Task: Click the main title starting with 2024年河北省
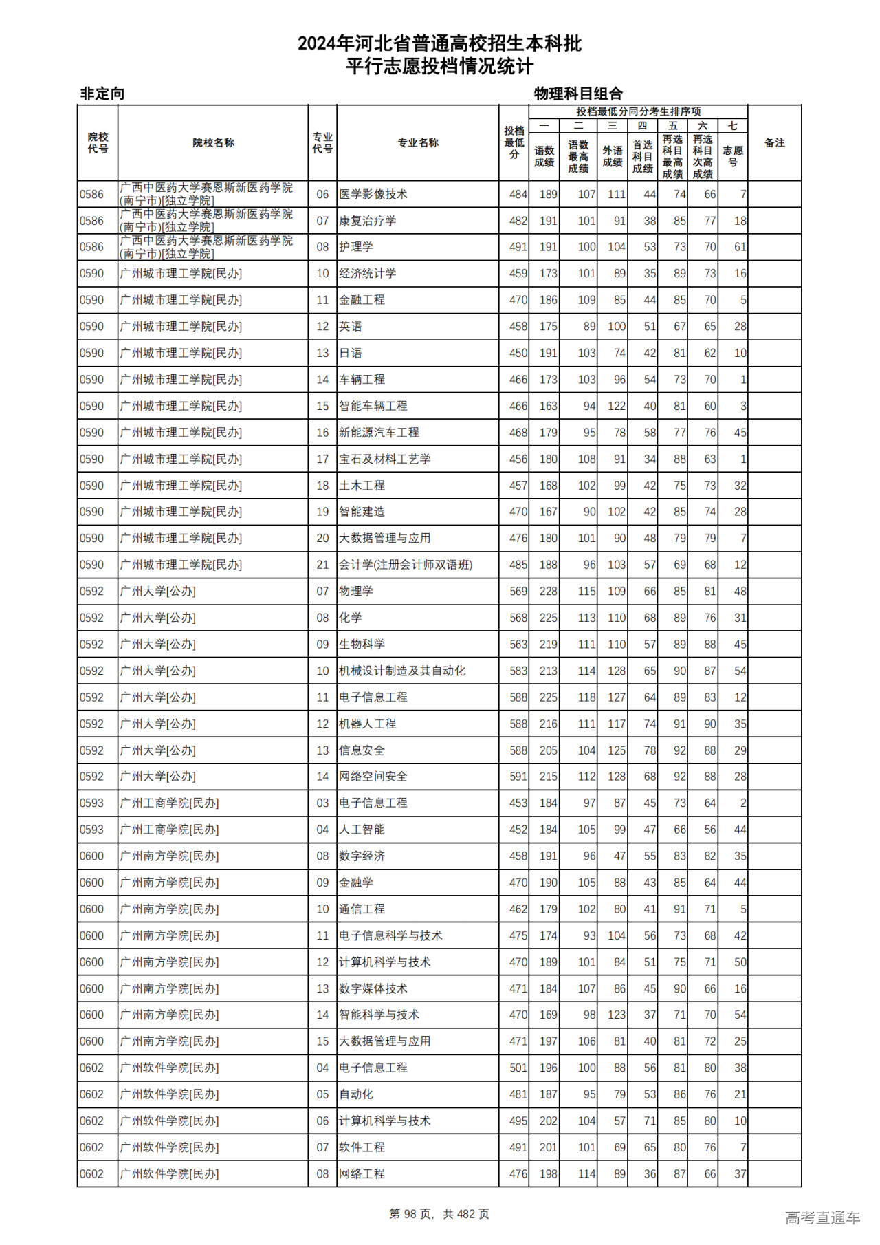pyautogui.click(x=439, y=44)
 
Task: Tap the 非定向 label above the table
pyautogui.click(x=102, y=94)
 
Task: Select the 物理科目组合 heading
pyautogui.click(x=578, y=94)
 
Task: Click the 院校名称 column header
pyautogui.click(x=213, y=143)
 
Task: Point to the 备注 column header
pyautogui.click(x=774, y=143)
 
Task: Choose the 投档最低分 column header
pyautogui.click(x=514, y=142)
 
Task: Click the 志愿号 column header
pyautogui.click(x=733, y=156)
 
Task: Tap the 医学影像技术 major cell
pyautogui.click(x=373, y=195)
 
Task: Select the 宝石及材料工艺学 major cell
pyautogui.click(x=385, y=459)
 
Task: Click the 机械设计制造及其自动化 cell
pyautogui.click(x=402, y=671)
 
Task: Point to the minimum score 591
pyautogui.click(x=518, y=777)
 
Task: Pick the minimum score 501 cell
pyautogui.click(x=518, y=1068)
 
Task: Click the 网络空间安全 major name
pyautogui.click(x=373, y=777)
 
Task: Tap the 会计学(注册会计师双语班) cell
pyautogui.click(x=406, y=565)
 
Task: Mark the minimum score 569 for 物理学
pyautogui.click(x=518, y=592)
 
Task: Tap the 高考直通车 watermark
pyautogui.click(x=822, y=1217)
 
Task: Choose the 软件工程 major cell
pyautogui.click(x=362, y=1147)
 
